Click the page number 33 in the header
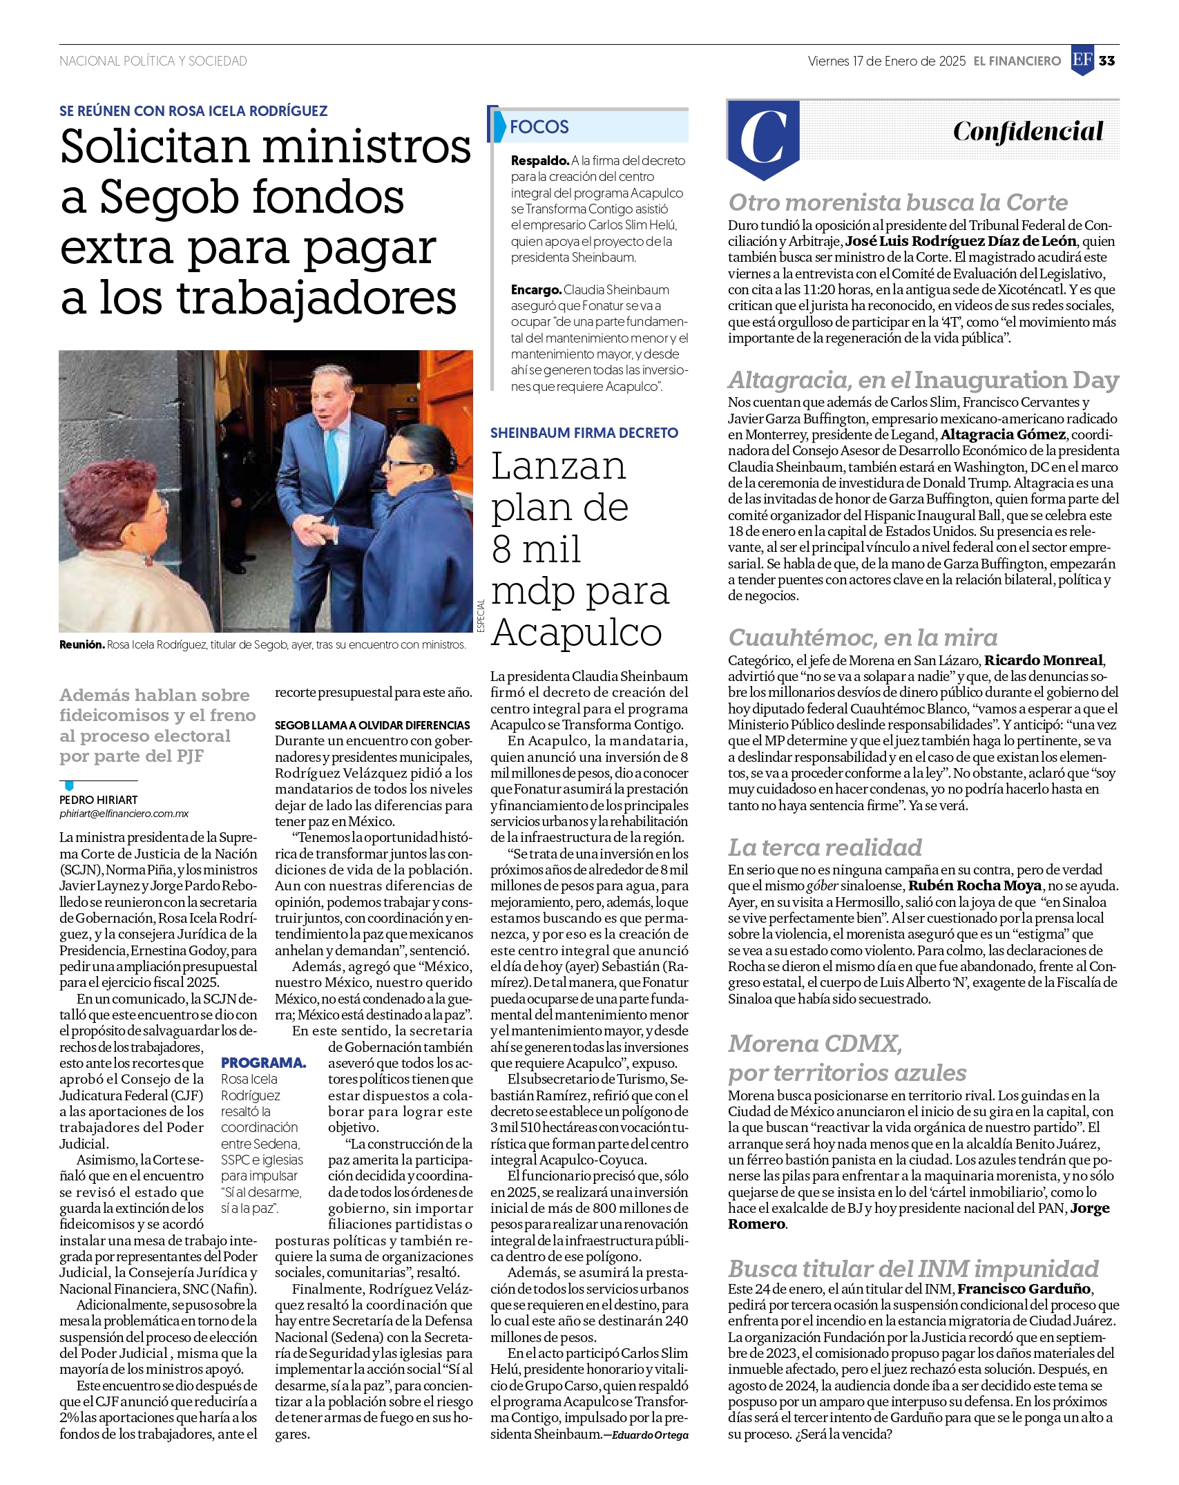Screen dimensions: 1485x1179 click(x=1106, y=61)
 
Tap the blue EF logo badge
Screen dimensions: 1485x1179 click(x=1082, y=60)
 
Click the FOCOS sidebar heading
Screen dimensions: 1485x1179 click(x=539, y=127)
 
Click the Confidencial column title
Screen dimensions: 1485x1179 click(x=1028, y=131)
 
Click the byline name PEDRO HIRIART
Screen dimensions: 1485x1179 click(x=99, y=800)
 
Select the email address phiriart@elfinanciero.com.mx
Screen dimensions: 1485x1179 click(x=124, y=814)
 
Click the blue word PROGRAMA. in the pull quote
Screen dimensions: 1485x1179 click(x=264, y=1063)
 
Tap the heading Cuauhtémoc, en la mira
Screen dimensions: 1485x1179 click(x=863, y=638)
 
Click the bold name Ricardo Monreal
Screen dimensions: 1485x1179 click(x=1043, y=660)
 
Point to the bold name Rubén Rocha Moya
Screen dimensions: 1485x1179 click(x=975, y=886)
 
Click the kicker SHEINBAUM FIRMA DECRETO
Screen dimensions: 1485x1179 click(x=584, y=433)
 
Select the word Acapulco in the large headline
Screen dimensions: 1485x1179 click(x=577, y=633)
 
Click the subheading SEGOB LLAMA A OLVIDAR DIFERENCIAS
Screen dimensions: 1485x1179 click(x=372, y=725)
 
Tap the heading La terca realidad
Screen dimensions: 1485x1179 click(x=825, y=847)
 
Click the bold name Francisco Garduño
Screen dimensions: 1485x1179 click(x=1024, y=1289)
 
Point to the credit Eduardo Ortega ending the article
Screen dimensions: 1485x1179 click(x=650, y=1435)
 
